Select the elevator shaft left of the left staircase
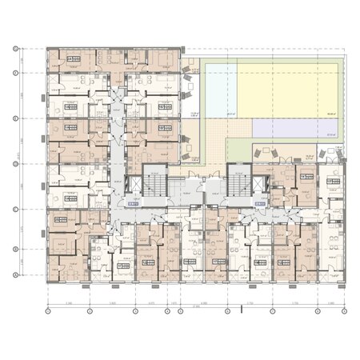(x=134, y=186)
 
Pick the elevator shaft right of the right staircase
(x=262, y=186)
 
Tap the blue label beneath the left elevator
(x=134, y=204)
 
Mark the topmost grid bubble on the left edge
(x=16, y=50)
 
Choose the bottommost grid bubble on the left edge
(x=16, y=275)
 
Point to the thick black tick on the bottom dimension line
(x=241, y=309)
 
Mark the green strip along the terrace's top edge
(x=264, y=61)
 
